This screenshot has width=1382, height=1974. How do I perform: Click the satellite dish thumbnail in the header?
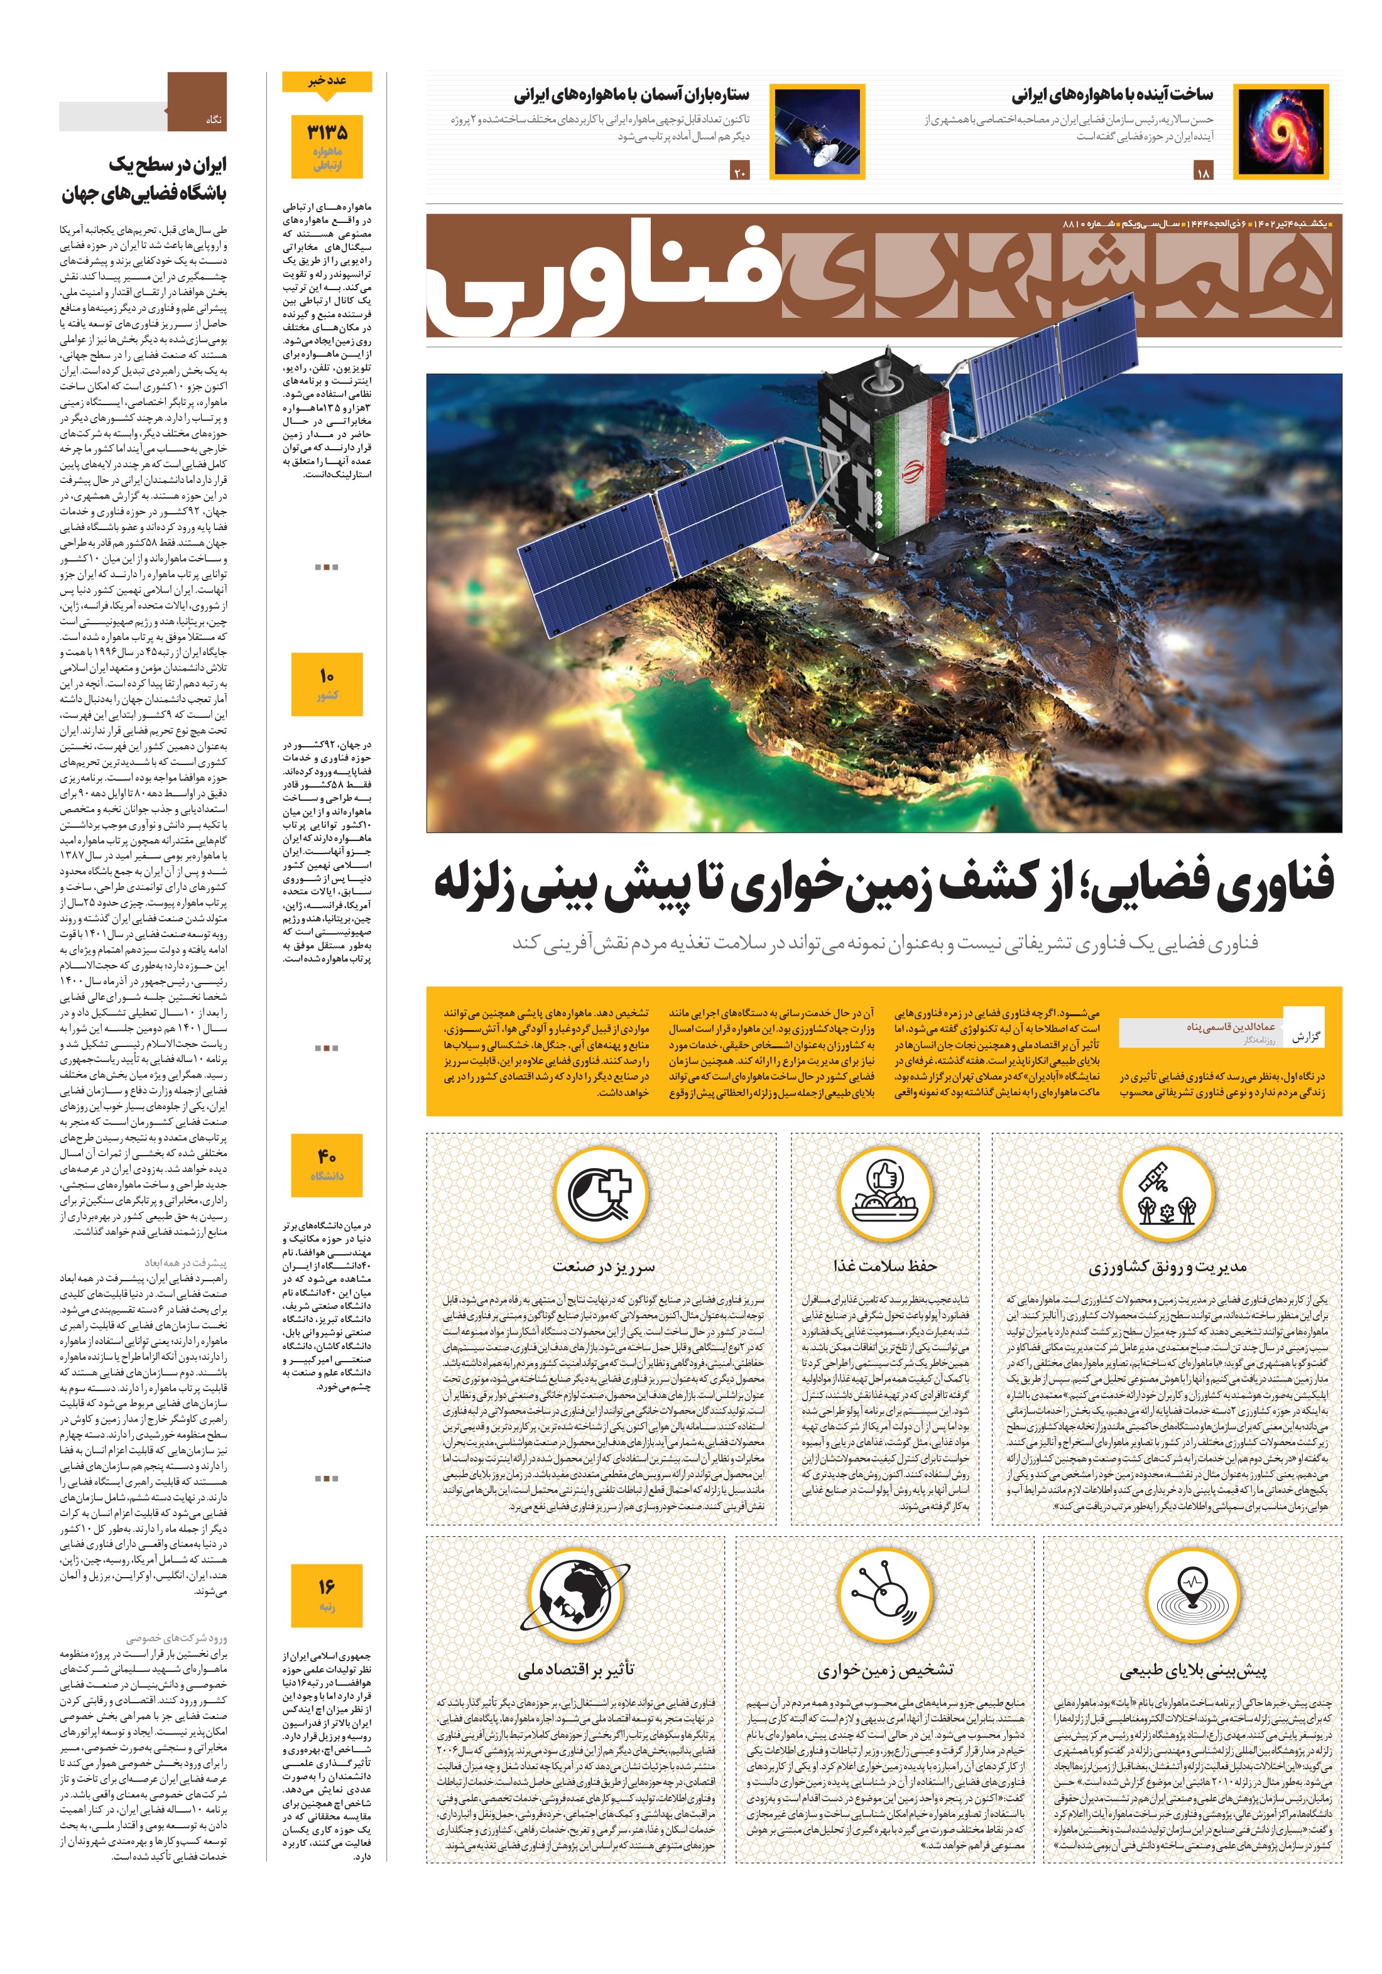tap(817, 131)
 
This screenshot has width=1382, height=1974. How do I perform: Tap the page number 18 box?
tap(1202, 173)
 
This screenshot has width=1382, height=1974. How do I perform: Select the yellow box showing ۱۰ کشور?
tap(327, 683)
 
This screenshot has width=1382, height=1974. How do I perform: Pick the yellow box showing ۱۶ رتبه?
tap(327, 1595)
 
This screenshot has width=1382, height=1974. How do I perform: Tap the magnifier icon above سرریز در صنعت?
tap(602, 1193)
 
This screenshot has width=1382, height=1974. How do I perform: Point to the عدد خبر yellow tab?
tap(327, 82)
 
